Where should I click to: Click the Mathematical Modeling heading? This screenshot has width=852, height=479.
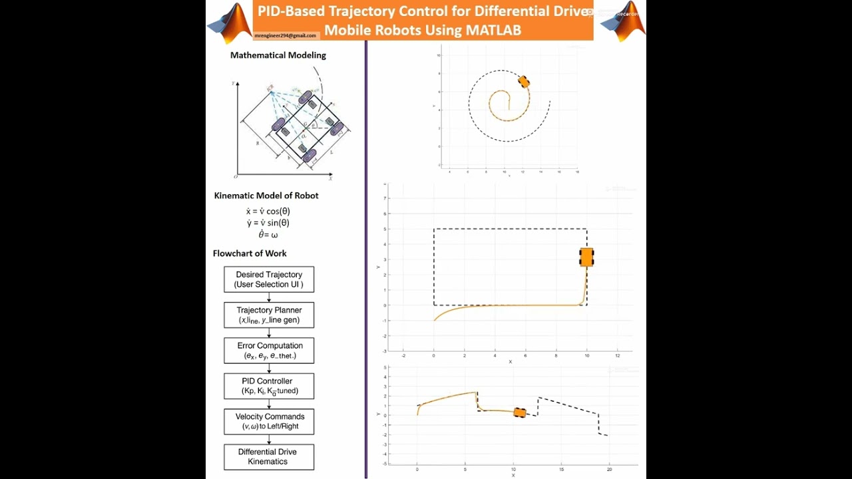(278, 55)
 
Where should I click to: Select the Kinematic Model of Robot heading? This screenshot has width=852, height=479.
(266, 196)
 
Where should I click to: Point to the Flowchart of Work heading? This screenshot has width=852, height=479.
(250, 253)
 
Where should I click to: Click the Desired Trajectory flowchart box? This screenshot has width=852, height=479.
(269, 279)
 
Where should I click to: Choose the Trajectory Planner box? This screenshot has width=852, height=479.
(269, 315)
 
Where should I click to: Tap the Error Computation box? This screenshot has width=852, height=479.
(269, 351)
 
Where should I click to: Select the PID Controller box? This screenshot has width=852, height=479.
(269, 386)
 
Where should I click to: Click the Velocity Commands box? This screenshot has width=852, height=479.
(269, 422)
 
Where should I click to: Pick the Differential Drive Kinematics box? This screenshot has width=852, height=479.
(269, 456)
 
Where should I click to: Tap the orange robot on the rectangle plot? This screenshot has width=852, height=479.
(586, 257)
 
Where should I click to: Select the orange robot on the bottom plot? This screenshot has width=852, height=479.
(520, 412)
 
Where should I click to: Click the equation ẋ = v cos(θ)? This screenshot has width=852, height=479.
(268, 211)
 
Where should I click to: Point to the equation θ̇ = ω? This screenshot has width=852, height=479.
(268, 235)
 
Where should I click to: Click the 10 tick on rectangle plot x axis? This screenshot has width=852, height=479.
(586, 356)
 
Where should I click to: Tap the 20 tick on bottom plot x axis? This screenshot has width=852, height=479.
(610, 469)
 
